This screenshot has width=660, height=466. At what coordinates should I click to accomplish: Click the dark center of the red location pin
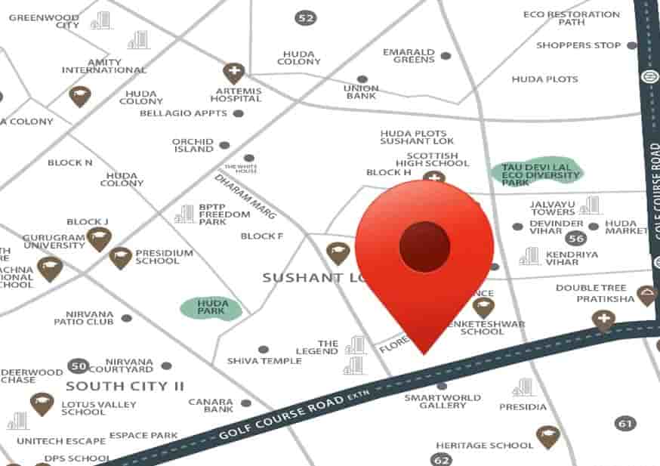tap(424, 247)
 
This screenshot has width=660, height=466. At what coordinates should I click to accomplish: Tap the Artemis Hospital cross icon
tap(234, 73)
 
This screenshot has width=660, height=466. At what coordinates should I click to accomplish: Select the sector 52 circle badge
tap(305, 17)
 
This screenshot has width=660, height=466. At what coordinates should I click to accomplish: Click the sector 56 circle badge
tap(578, 238)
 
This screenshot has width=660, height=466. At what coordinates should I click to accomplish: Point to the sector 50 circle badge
tap(78, 366)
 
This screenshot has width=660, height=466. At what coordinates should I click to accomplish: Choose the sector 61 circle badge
tap(625, 424)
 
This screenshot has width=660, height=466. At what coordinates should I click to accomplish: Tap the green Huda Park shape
tap(211, 307)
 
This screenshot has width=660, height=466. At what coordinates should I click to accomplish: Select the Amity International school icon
tap(79, 96)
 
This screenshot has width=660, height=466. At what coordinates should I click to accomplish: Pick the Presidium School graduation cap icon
tap(120, 258)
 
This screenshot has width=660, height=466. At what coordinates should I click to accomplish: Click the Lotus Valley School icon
tap(42, 404)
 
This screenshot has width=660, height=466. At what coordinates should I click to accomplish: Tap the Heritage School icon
tap(547, 437)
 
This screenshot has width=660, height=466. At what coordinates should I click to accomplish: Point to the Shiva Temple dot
tap(263, 350)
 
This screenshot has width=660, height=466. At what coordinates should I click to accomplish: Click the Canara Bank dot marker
tap(245, 403)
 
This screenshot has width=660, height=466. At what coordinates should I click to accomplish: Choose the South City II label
tap(125, 386)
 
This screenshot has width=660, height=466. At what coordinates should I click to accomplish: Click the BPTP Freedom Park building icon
tap(184, 214)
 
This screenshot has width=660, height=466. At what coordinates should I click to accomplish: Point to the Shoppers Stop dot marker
tap(631, 45)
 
